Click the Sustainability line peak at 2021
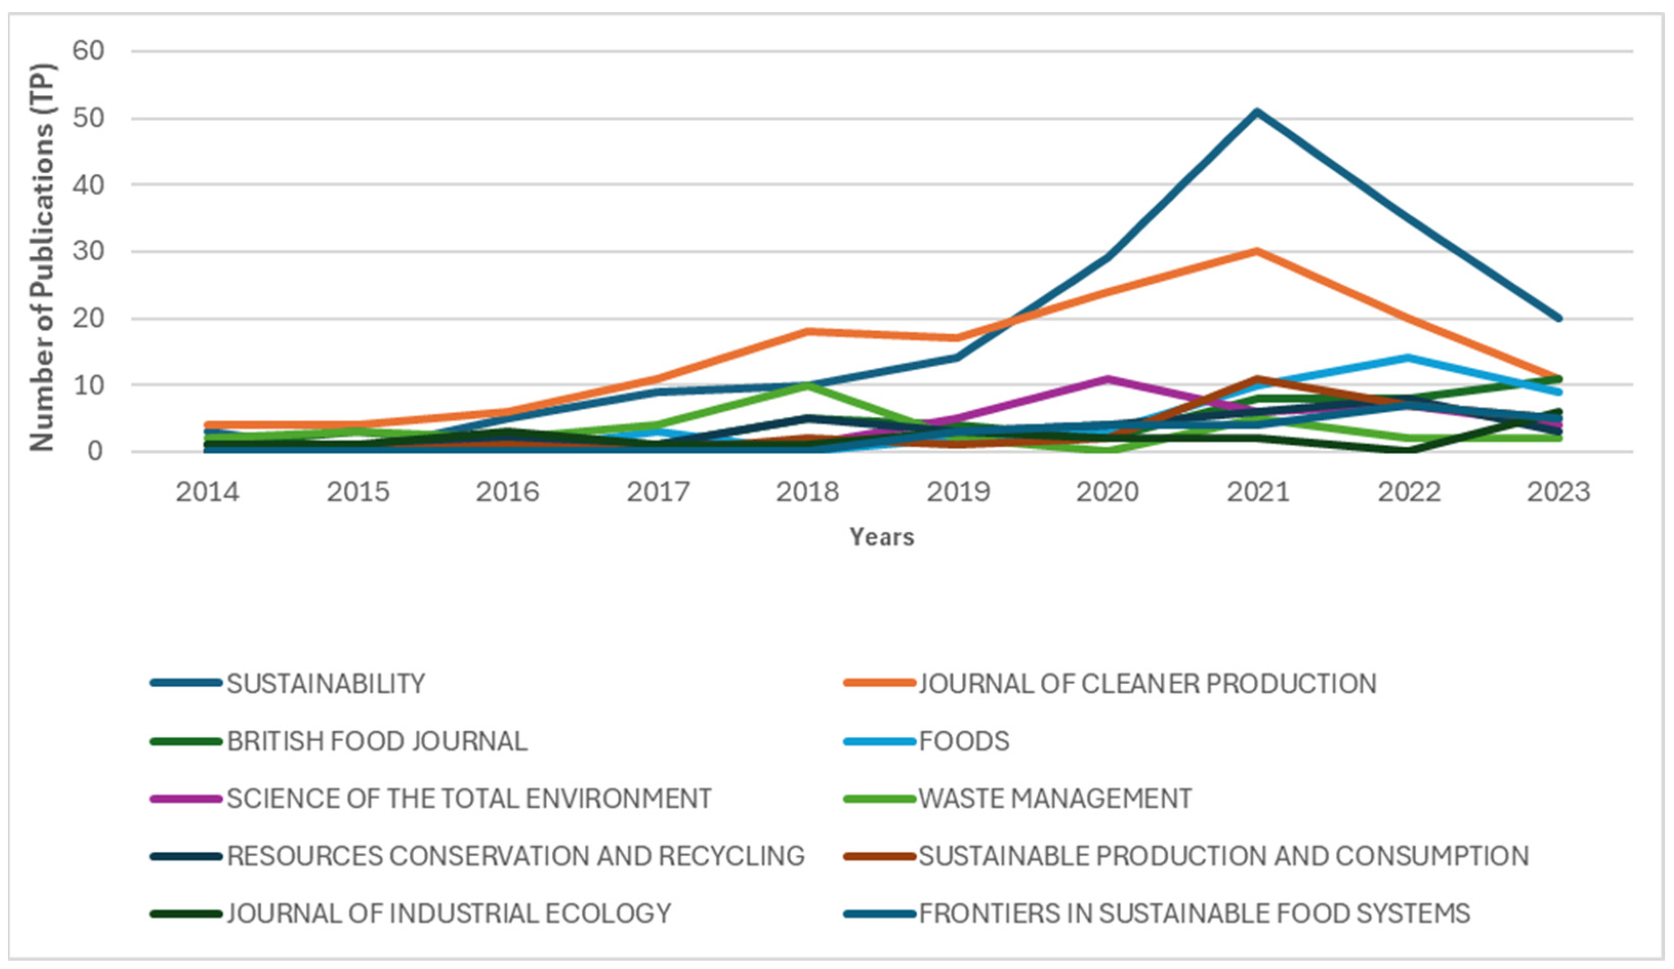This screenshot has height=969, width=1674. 1257,112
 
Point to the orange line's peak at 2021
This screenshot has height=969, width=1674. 1257,251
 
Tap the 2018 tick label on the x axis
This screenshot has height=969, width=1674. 808,492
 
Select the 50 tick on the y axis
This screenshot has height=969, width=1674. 88,119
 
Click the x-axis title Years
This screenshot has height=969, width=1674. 882,537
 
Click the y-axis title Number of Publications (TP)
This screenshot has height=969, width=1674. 42,258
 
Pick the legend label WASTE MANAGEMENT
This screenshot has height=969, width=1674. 1055,797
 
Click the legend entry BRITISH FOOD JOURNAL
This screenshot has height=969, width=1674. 376,741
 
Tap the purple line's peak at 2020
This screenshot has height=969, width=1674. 1107,379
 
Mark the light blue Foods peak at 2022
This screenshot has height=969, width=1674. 1407,358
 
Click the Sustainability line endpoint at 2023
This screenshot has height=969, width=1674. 1558,319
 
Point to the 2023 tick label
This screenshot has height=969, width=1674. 1558,492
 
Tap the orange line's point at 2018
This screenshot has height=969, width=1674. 808,331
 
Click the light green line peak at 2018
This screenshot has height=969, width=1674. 808,385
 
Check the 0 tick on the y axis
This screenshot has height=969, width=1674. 96,452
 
